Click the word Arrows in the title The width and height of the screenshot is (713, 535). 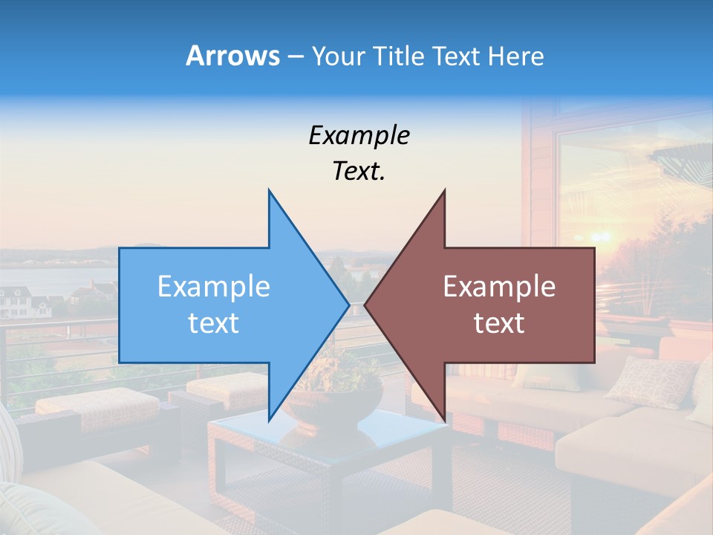[x=232, y=56]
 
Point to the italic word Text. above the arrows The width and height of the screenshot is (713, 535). [x=359, y=172]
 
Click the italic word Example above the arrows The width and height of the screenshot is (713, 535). [x=359, y=136]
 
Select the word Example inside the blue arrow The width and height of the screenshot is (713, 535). [x=214, y=287]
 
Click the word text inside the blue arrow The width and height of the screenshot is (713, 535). [x=214, y=323]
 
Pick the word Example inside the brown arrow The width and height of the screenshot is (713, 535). [x=499, y=287]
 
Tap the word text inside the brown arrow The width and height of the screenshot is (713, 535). [x=499, y=323]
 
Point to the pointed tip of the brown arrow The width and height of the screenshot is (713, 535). [x=365, y=305]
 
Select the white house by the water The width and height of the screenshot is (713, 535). [x=19, y=301]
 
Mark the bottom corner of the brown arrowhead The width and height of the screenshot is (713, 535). [x=444, y=418]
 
